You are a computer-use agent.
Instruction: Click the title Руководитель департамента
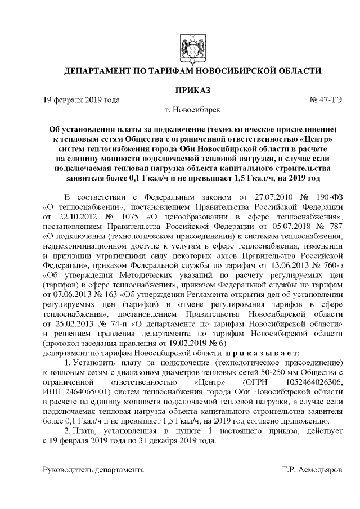pos(93,469)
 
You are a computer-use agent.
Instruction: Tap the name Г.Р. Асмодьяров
pos(311,469)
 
